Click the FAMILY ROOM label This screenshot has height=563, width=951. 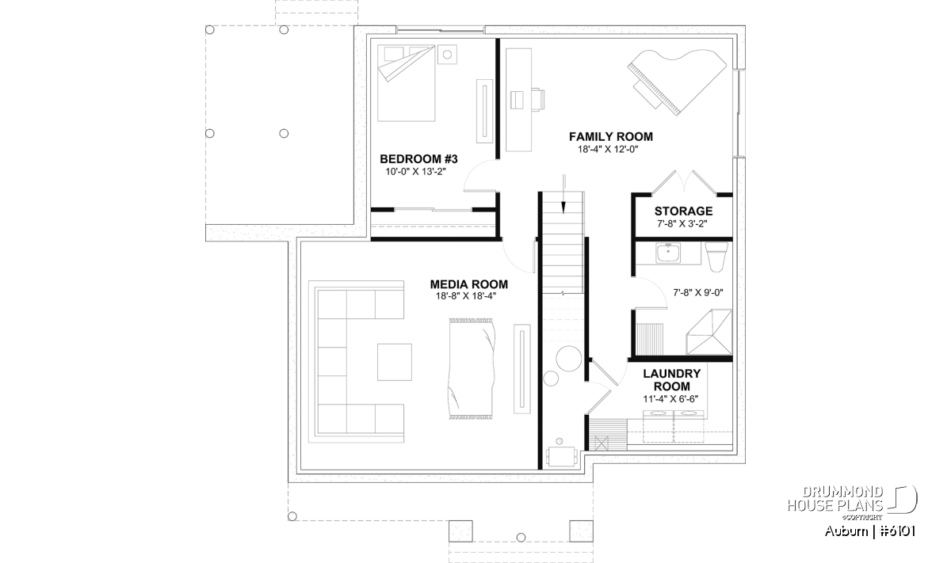coord(610,137)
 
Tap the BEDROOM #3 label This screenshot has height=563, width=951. coord(418,159)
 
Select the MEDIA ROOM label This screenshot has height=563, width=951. coord(468,284)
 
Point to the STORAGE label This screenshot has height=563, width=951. coord(683,211)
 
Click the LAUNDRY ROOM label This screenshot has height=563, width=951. coord(672,380)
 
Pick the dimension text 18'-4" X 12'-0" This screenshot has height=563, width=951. coord(608,150)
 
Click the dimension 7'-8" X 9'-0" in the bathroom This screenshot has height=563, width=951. coord(698,292)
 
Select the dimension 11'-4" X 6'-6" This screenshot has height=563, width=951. coord(670,399)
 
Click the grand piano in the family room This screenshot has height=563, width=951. coord(677,82)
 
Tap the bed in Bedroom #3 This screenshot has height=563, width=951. coord(407,83)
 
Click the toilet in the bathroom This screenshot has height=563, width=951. coord(716,257)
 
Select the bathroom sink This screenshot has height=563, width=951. coord(668,253)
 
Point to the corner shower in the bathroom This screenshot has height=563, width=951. coord(709,332)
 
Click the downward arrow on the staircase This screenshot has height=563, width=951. coord(563,193)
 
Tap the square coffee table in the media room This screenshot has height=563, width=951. coord(395,362)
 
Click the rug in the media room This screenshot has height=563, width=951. coord(471,369)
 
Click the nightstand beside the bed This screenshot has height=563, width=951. coord(447,55)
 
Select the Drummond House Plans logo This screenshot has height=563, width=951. coord(852,503)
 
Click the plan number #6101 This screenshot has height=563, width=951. coord(897,531)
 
